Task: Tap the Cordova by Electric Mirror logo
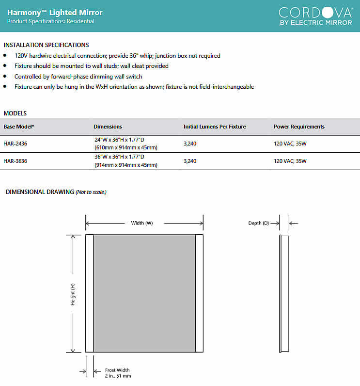(x=315, y=16)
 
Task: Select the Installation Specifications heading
(x=46, y=45)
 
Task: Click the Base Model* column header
(x=19, y=127)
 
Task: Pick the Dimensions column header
(x=108, y=127)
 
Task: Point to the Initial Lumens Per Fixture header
(x=214, y=127)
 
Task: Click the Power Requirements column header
(x=299, y=127)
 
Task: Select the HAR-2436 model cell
(x=16, y=144)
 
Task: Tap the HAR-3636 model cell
(x=16, y=161)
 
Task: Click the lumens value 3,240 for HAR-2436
(x=190, y=144)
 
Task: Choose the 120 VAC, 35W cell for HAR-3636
(x=290, y=161)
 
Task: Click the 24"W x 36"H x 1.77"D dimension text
(x=119, y=140)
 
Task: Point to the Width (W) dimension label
(x=142, y=223)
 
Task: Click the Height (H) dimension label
(x=73, y=294)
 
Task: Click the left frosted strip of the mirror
(x=89, y=293)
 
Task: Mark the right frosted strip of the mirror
(x=199, y=293)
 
